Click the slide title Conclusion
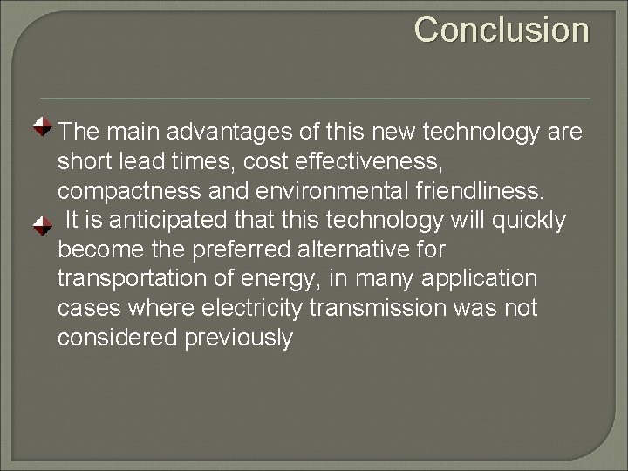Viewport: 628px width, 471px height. (x=502, y=30)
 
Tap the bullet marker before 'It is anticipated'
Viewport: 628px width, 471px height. (x=41, y=226)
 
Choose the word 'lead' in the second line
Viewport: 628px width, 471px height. (x=146, y=161)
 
